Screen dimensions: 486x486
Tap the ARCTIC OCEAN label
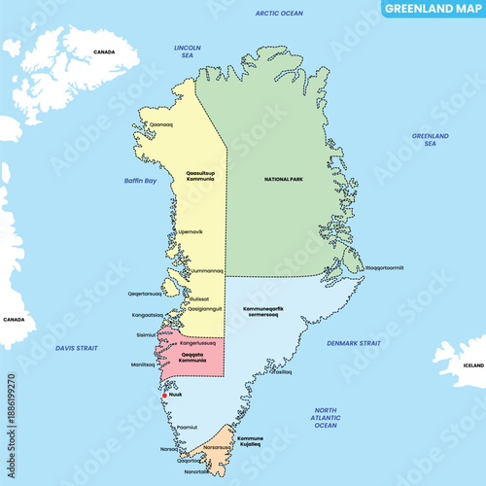coord(279,14)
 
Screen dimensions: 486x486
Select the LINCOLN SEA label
coord(187,51)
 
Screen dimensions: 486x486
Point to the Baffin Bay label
coord(140,181)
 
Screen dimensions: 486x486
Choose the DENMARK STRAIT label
coord(354,343)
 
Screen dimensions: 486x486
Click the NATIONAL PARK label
coord(284,180)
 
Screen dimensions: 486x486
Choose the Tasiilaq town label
coord(280,372)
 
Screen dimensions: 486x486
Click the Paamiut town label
coord(189,426)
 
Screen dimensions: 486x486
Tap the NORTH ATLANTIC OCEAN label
coord(326,418)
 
